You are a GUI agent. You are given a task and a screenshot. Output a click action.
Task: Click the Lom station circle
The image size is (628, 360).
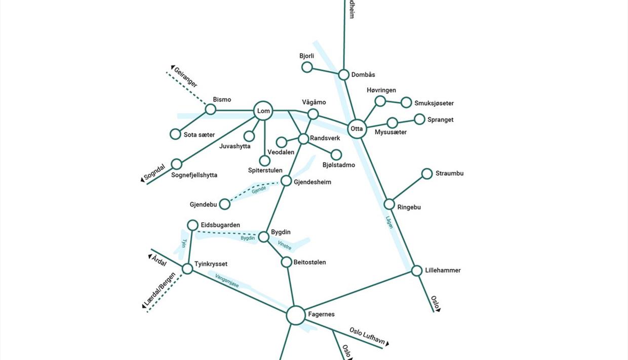point(263,111)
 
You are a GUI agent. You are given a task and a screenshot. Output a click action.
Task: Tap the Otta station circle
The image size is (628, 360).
point(357,129)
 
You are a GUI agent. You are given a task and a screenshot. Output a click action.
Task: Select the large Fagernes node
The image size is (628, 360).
point(296,315)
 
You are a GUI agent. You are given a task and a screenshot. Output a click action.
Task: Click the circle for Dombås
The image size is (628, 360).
point(344,75)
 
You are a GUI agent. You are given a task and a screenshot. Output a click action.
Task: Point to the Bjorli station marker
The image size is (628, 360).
point(307,67)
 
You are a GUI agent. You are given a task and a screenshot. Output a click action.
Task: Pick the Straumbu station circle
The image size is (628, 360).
point(427,174)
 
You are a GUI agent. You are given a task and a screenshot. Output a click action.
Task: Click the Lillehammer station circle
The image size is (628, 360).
point(416,271)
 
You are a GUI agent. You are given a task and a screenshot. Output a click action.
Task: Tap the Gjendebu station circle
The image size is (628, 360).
point(225,204)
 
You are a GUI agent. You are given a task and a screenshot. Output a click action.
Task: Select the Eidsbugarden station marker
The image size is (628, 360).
point(192,225)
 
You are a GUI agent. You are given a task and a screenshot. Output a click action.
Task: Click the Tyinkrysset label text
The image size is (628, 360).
point(211,264)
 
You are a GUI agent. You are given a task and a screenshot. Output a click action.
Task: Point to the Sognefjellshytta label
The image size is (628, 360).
point(194,175)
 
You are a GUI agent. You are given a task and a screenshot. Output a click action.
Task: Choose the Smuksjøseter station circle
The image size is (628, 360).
point(406,103)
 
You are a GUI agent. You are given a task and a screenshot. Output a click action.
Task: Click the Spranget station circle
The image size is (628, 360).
point(419,119)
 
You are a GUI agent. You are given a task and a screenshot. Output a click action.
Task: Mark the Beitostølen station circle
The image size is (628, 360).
point(286,262)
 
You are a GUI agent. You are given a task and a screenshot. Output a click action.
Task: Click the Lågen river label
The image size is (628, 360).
point(389,222)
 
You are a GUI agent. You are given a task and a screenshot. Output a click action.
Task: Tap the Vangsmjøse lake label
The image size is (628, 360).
point(227,281)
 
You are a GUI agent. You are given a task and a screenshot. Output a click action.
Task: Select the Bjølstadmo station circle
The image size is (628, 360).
point(336,154)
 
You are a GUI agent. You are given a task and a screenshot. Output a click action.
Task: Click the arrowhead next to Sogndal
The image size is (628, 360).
point(143,180)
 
